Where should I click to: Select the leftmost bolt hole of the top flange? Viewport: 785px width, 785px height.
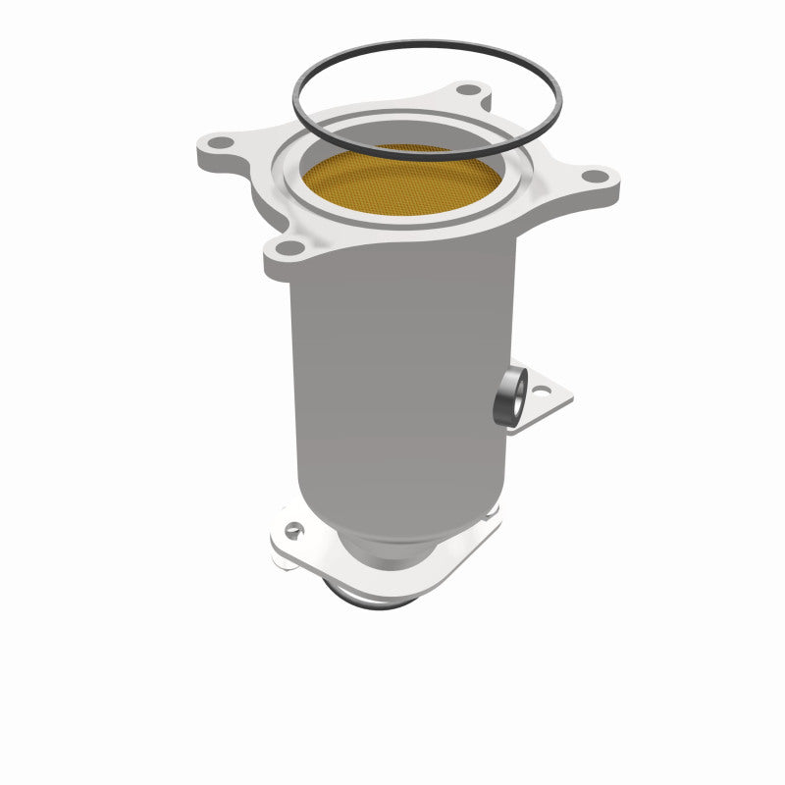tap(223, 143)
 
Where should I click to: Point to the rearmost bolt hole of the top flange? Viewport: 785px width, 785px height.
tap(467, 90)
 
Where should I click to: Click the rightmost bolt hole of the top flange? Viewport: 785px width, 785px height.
tap(592, 177)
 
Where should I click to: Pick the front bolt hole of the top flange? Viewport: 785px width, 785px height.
tap(291, 247)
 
